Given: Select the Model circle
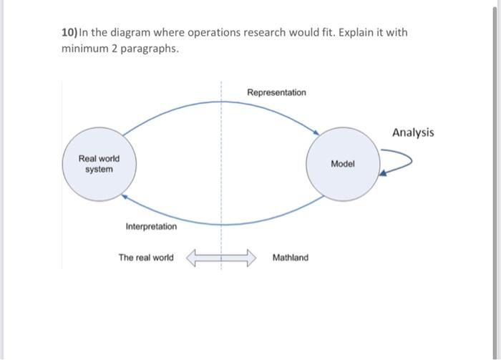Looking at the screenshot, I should coord(343,164).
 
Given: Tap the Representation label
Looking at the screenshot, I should coord(276,92).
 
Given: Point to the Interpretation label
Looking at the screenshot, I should coord(151,226).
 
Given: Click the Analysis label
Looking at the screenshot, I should coord(412,132).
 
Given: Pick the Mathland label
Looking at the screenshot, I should coord(291,257).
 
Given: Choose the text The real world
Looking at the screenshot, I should coord(146,257).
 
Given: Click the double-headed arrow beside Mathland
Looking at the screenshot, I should coord(221,257).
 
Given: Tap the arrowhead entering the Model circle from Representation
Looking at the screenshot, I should coord(315,131).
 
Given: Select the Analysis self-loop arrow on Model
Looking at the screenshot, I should coord(401,161).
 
